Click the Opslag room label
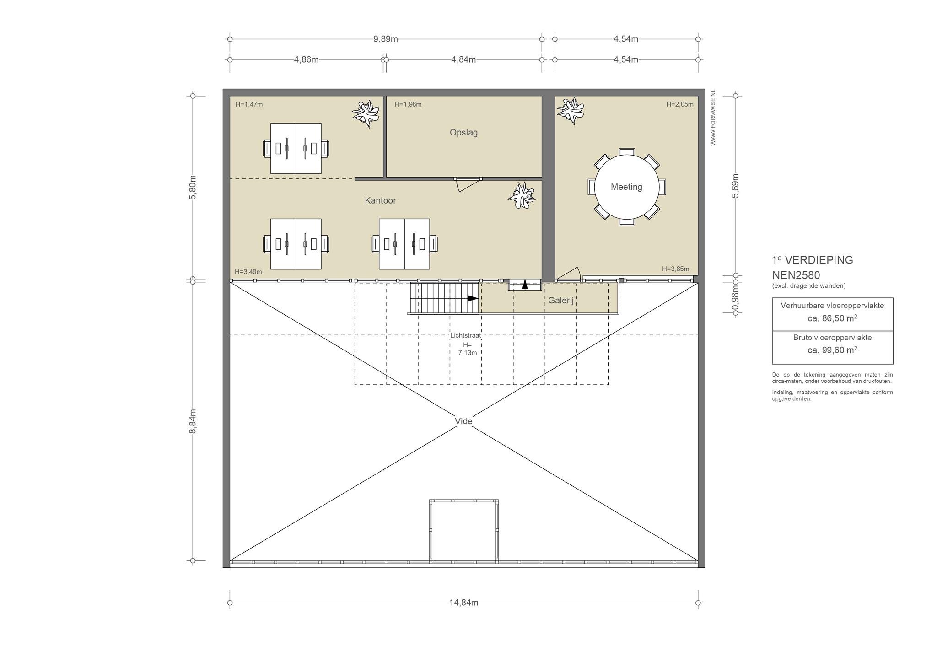coord(463,133)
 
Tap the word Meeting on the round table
coord(626,187)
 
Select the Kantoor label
coord(380,200)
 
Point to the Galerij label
coord(561,301)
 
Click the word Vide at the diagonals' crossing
coord(463,421)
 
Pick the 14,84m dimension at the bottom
coord(463,603)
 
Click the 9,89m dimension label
coord(385,39)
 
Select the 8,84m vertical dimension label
coord(193,421)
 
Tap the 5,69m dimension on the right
coord(735,186)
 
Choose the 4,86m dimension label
coord(306,59)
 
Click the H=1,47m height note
coord(249,104)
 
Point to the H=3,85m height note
coord(675,269)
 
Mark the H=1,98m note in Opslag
coord(408,104)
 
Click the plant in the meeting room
coord(570,110)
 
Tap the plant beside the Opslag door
coord(522,195)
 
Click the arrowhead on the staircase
coord(473,298)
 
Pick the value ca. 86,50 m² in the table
coord(832,318)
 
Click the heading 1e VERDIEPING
coord(813,260)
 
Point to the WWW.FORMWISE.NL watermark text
coord(713,118)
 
